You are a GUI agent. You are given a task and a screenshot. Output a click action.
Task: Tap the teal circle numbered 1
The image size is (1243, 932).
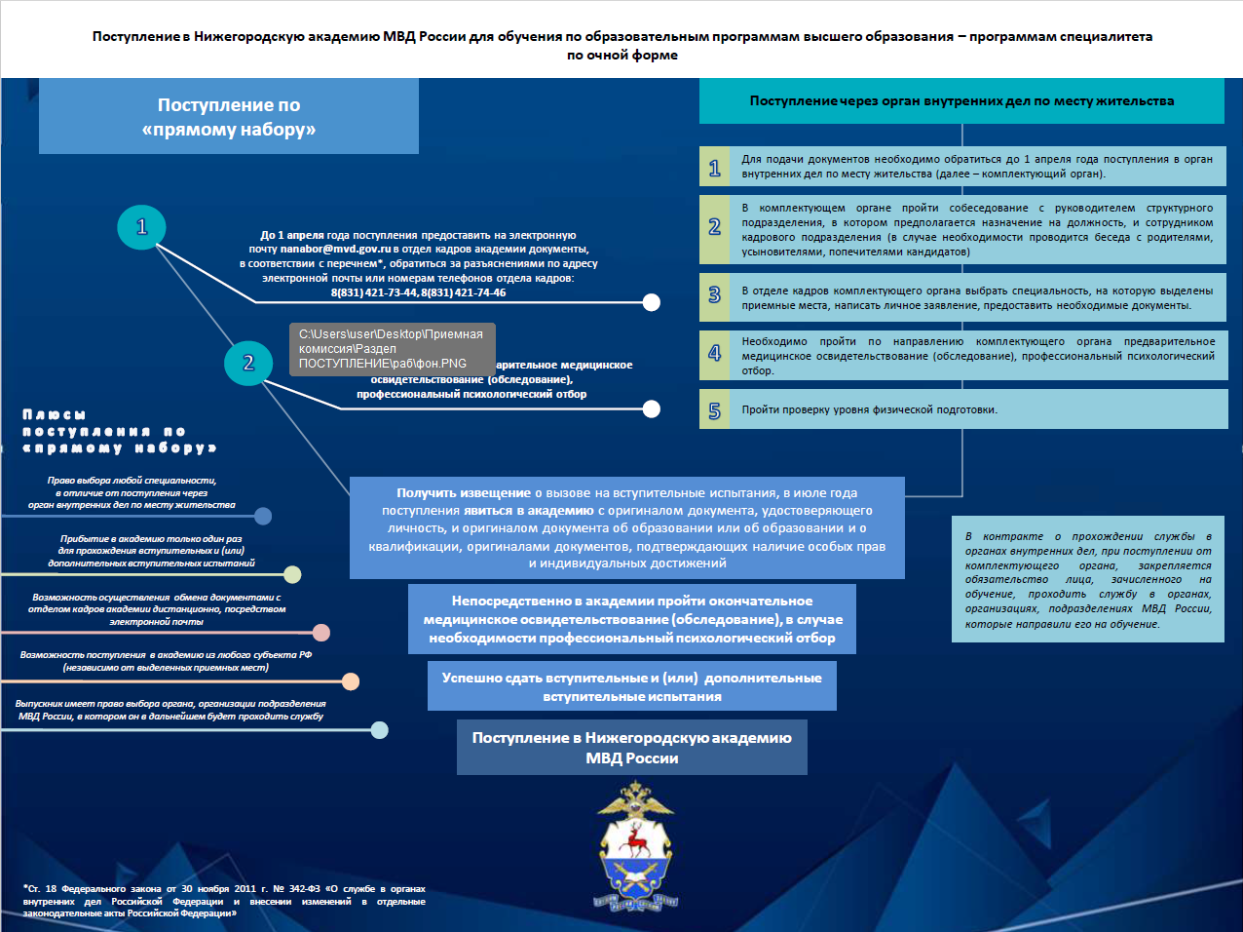pyautogui.click(x=141, y=227)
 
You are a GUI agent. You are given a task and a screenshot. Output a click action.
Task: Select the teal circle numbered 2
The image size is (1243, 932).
pyautogui.click(x=248, y=363)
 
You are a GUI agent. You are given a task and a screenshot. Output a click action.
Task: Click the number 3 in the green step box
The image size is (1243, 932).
pyautogui.click(x=714, y=296)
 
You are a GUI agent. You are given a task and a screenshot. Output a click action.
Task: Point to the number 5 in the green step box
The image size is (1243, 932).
pyautogui.click(x=714, y=410)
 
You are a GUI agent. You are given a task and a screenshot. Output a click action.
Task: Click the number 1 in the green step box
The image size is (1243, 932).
pyautogui.click(x=714, y=167)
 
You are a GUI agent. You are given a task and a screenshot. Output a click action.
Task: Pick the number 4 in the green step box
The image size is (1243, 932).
pyautogui.click(x=714, y=354)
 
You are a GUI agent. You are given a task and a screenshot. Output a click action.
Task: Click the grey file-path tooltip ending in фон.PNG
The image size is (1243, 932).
pyautogui.click(x=392, y=349)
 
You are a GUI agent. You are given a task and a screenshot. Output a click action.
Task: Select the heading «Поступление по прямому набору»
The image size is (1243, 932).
pyautogui.click(x=229, y=117)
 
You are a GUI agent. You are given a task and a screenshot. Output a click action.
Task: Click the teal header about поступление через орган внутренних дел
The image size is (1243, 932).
pyautogui.click(x=961, y=101)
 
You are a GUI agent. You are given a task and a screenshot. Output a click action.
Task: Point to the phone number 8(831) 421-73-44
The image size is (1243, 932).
pyautogui.click(x=374, y=292)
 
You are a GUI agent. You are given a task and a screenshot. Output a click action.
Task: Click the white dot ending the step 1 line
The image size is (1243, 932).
pyautogui.click(x=652, y=302)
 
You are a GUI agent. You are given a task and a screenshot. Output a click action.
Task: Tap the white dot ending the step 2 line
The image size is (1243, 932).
pyautogui.click(x=652, y=408)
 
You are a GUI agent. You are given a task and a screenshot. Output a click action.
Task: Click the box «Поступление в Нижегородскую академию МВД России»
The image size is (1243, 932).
pyautogui.click(x=631, y=748)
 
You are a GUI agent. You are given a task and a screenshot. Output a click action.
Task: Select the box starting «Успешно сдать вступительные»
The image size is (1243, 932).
pyautogui.click(x=631, y=686)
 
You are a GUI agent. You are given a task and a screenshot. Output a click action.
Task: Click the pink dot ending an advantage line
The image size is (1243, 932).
pyautogui.click(x=321, y=633)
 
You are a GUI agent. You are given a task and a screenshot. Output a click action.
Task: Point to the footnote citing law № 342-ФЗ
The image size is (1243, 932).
pyautogui.click(x=224, y=901)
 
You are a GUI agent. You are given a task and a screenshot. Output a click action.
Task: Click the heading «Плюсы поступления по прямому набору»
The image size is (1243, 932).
pyautogui.click(x=118, y=431)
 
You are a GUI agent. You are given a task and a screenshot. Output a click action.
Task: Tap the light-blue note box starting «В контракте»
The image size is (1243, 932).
pyautogui.click(x=1087, y=580)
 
